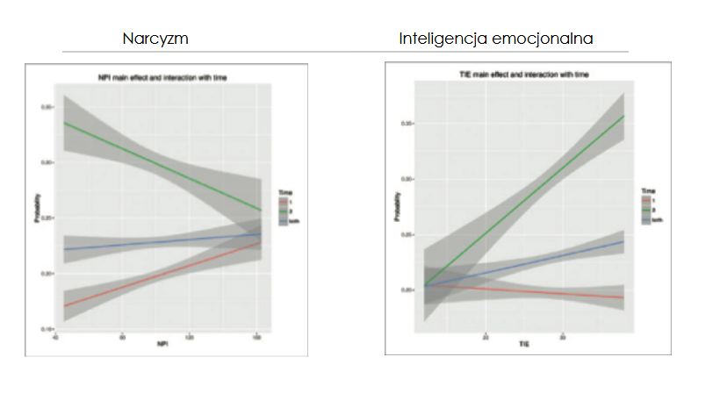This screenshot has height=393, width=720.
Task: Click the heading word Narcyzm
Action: tap(156, 40)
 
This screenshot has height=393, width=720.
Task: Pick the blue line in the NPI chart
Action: tap(158, 242)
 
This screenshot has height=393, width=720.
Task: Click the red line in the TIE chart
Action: tap(527, 292)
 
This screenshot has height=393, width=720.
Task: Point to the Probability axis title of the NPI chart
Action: tap(36, 216)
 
